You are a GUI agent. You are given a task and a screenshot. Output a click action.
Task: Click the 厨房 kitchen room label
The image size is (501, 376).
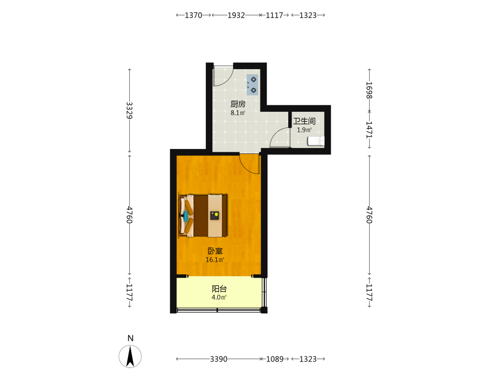[238, 104]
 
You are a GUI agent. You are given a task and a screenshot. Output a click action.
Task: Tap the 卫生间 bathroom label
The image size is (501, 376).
[304, 121]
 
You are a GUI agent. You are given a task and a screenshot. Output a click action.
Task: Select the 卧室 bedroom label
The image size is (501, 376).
[215, 251]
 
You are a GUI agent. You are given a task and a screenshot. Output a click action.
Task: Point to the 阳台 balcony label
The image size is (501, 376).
[219, 289]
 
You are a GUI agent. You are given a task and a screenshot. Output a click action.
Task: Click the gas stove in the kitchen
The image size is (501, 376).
[253, 85]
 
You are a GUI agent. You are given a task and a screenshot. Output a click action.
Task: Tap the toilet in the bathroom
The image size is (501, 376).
[316, 141]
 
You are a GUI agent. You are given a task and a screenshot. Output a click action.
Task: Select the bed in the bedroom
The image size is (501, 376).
[203, 216]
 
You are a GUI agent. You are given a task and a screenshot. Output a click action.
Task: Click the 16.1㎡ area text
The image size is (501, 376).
[215, 260]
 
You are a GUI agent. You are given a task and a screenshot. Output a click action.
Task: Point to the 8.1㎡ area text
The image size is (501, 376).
[238, 112]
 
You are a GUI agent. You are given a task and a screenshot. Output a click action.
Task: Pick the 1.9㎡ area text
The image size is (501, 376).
[304, 130]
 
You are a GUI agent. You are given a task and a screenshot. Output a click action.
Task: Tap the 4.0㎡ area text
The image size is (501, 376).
[219, 297]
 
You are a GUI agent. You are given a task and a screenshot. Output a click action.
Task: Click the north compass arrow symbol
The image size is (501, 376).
[130, 356]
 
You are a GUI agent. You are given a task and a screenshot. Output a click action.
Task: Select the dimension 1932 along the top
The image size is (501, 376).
[236, 15]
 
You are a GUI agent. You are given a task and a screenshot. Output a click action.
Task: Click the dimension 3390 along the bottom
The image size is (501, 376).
[218, 359]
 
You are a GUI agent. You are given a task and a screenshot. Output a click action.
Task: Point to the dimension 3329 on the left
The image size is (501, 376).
[129, 110]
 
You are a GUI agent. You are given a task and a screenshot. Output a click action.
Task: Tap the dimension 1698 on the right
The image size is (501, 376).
[369, 90]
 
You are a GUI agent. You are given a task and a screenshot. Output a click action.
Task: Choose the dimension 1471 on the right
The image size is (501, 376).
[369, 129]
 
